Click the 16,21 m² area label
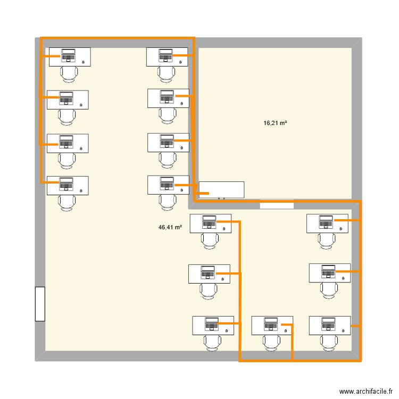(x=275, y=123)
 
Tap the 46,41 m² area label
(x=170, y=227)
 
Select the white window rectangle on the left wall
(x=40, y=304)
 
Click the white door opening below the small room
(x=277, y=204)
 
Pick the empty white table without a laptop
(x=221, y=189)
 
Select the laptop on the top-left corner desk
(x=68, y=54)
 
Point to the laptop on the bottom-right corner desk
(x=328, y=323)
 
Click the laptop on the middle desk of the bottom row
(x=270, y=323)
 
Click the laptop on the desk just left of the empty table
(x=167, y=184)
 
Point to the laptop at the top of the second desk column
(x=165, y=54)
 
